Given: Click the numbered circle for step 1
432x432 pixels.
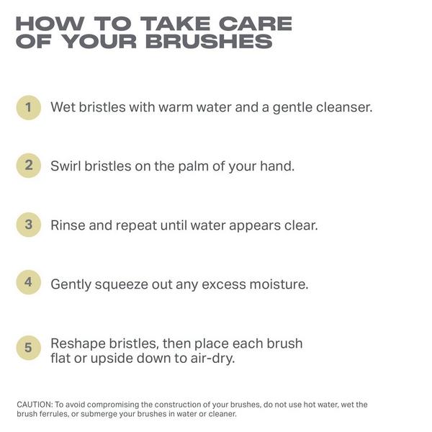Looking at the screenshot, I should tap(28, 107).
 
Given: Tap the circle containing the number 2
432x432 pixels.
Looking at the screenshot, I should tap(28, 166).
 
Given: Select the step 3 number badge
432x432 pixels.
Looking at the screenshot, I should tap(28, 224).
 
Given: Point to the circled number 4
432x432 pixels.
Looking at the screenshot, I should tap(28, 282).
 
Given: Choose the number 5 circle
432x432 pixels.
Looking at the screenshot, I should tap(28, 348).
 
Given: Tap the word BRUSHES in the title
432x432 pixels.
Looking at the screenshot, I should tap(209, 41).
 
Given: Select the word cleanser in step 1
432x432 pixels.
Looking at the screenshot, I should tap(341, 107).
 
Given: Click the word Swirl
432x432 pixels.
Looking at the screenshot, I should tap(66, 166).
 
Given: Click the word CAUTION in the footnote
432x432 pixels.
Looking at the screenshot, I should tap(34, 405).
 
